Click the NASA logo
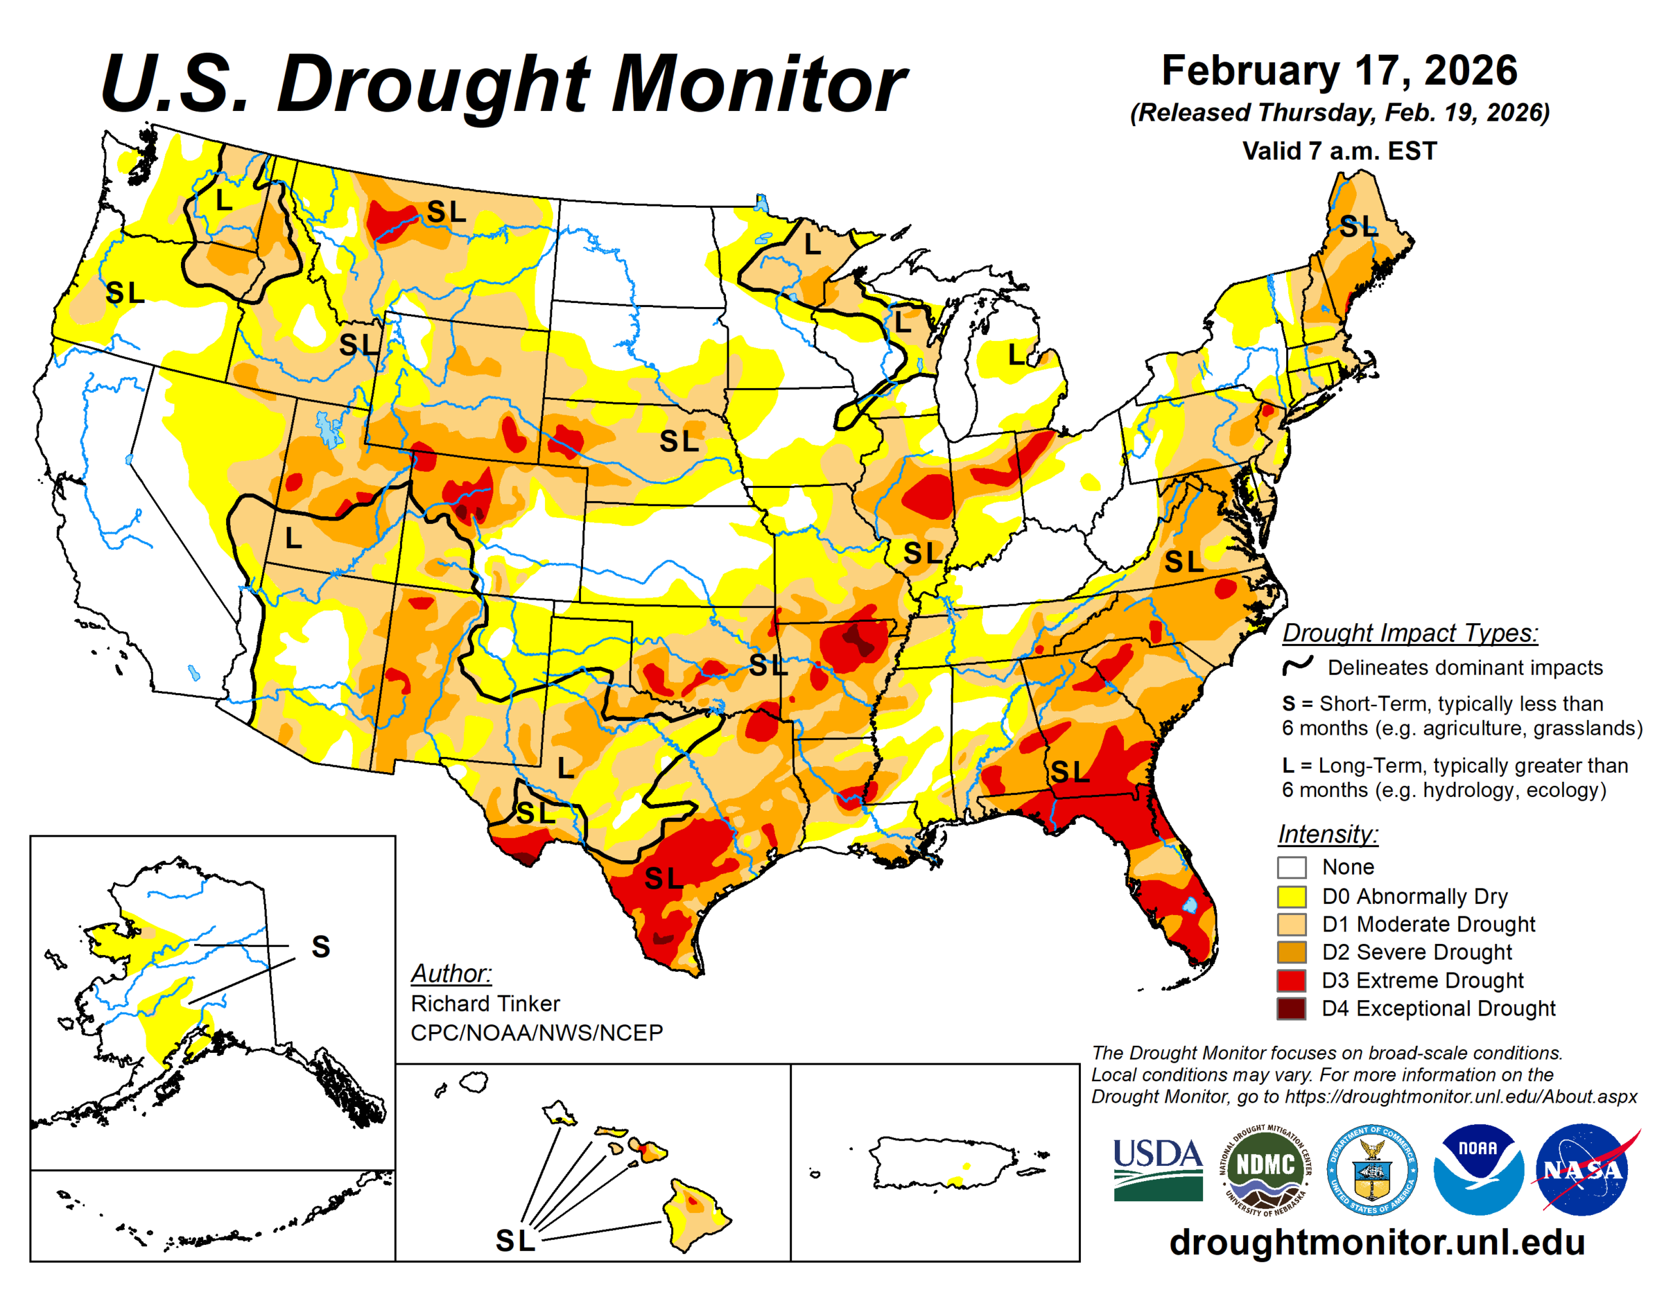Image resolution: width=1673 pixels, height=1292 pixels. click(x=1583, y=1169)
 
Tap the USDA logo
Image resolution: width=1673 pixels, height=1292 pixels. click(x=1157, y=1169)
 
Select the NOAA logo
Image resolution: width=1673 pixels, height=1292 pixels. click(x=1478, y=1169)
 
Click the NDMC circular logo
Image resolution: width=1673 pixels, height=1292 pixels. click(x=1265, y=1169)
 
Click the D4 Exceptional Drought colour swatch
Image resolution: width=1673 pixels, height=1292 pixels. click(x=1291, y=1009)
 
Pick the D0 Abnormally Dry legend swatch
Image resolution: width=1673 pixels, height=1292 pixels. click(x=1291, y=896)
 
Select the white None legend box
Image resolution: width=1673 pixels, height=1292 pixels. click(x=1291, y=867)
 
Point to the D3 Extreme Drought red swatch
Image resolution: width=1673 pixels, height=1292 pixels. click(x=1291, y=980)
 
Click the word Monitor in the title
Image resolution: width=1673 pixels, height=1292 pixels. click(x=758, y=84)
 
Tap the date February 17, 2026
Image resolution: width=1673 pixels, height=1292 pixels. click(x=1339, y=71)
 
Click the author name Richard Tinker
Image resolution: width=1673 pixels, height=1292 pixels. click(x=485, y=1003)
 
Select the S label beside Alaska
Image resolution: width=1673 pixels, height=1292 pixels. click(x=321, y=947)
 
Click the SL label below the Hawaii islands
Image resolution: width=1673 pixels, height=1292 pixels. click(x=515, y=1240)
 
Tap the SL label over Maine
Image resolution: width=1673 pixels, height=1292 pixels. click(x=1357, y=227)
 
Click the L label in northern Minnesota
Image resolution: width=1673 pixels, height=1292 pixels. click(x=812, y=245)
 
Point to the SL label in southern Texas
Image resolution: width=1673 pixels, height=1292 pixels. click(x=663, y=879)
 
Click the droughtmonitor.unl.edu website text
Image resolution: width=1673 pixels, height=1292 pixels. click(x=1376, y=1242)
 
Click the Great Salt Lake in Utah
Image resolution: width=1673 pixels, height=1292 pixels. click(x=329, y=429)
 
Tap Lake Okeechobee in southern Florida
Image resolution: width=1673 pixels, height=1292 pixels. click(x=1189, y=905)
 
